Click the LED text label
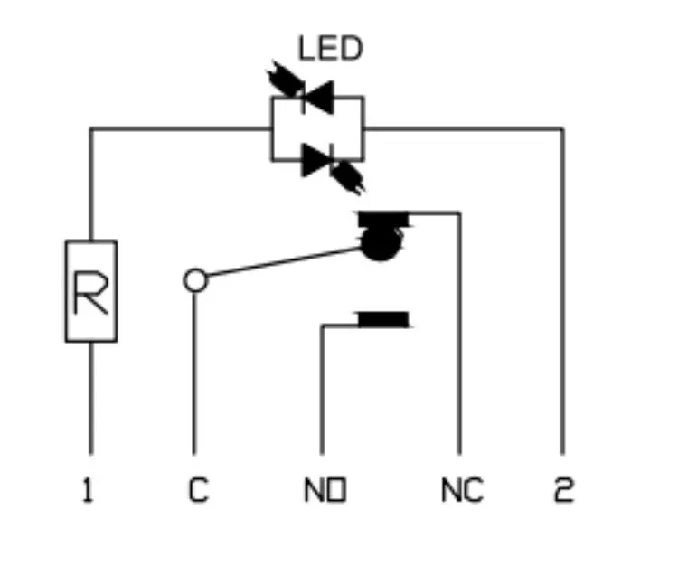coord(331,49)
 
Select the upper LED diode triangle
coord(319,98)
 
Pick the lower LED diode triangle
coord(316,160)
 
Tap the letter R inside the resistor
coord(90,291)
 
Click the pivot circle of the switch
coord(195,280)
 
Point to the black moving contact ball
coord(381,244)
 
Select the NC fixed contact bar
coord(383,219)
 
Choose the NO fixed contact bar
coord(383,319)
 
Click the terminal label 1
coord(88,490)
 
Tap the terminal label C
coord(199,490)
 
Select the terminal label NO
coord(325,490)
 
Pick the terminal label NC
coord(462,490)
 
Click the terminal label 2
coord(564,490)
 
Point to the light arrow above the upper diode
coord(286,80)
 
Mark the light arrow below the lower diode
coord(348,177)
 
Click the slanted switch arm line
coord(284,261)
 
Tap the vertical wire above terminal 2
coord(562,291)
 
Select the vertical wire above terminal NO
coord(322,389)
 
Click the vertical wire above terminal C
coord(194,373)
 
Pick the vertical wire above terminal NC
coord(459,334)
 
